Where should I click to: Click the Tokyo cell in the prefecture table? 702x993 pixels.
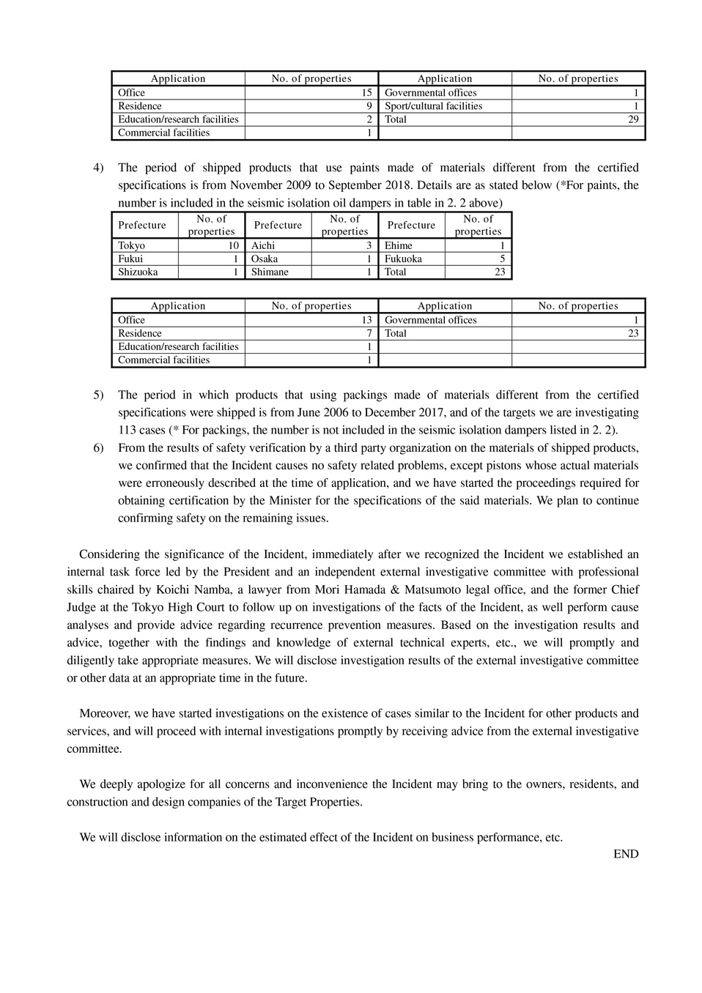(x=132, y=246)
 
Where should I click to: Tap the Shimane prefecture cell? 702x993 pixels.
(x=270, y=272)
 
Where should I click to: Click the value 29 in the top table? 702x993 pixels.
(x=633, y=119)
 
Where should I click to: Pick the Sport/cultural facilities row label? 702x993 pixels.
(x=433, y=106)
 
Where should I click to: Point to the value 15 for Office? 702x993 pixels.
(x=366, y=93)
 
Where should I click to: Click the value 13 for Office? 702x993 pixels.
(x=366, y=320)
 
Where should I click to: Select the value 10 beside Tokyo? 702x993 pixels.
(x=233, y=246)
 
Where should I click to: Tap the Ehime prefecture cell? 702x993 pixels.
(x=399, y=246)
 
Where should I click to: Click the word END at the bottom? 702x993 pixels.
(x=626, y=854)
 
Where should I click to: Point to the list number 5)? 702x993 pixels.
(x=98, y=395)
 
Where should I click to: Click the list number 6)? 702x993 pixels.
(x=98, y=448)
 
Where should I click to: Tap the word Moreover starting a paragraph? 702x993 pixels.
(x=104, y=714)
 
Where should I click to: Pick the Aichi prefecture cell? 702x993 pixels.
(x=263, y=246)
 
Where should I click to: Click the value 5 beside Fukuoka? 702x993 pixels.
(x=502, y=259)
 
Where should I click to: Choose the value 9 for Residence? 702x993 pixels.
(x=369, y=106)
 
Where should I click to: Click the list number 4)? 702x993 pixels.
(x=98, y=168)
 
